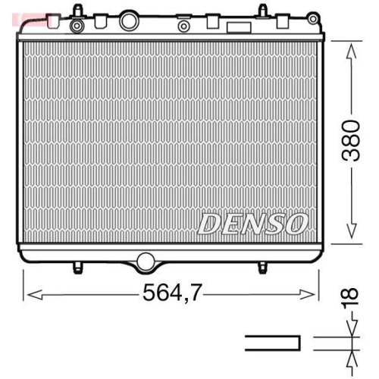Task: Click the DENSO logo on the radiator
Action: click(252, 223)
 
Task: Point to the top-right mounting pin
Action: click(262, 11)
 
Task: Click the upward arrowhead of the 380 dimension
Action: click(350, 50)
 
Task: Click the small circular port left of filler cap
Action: click(76, 27)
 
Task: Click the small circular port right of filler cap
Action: click(183, 27)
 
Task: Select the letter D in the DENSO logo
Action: click(209, 223)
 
